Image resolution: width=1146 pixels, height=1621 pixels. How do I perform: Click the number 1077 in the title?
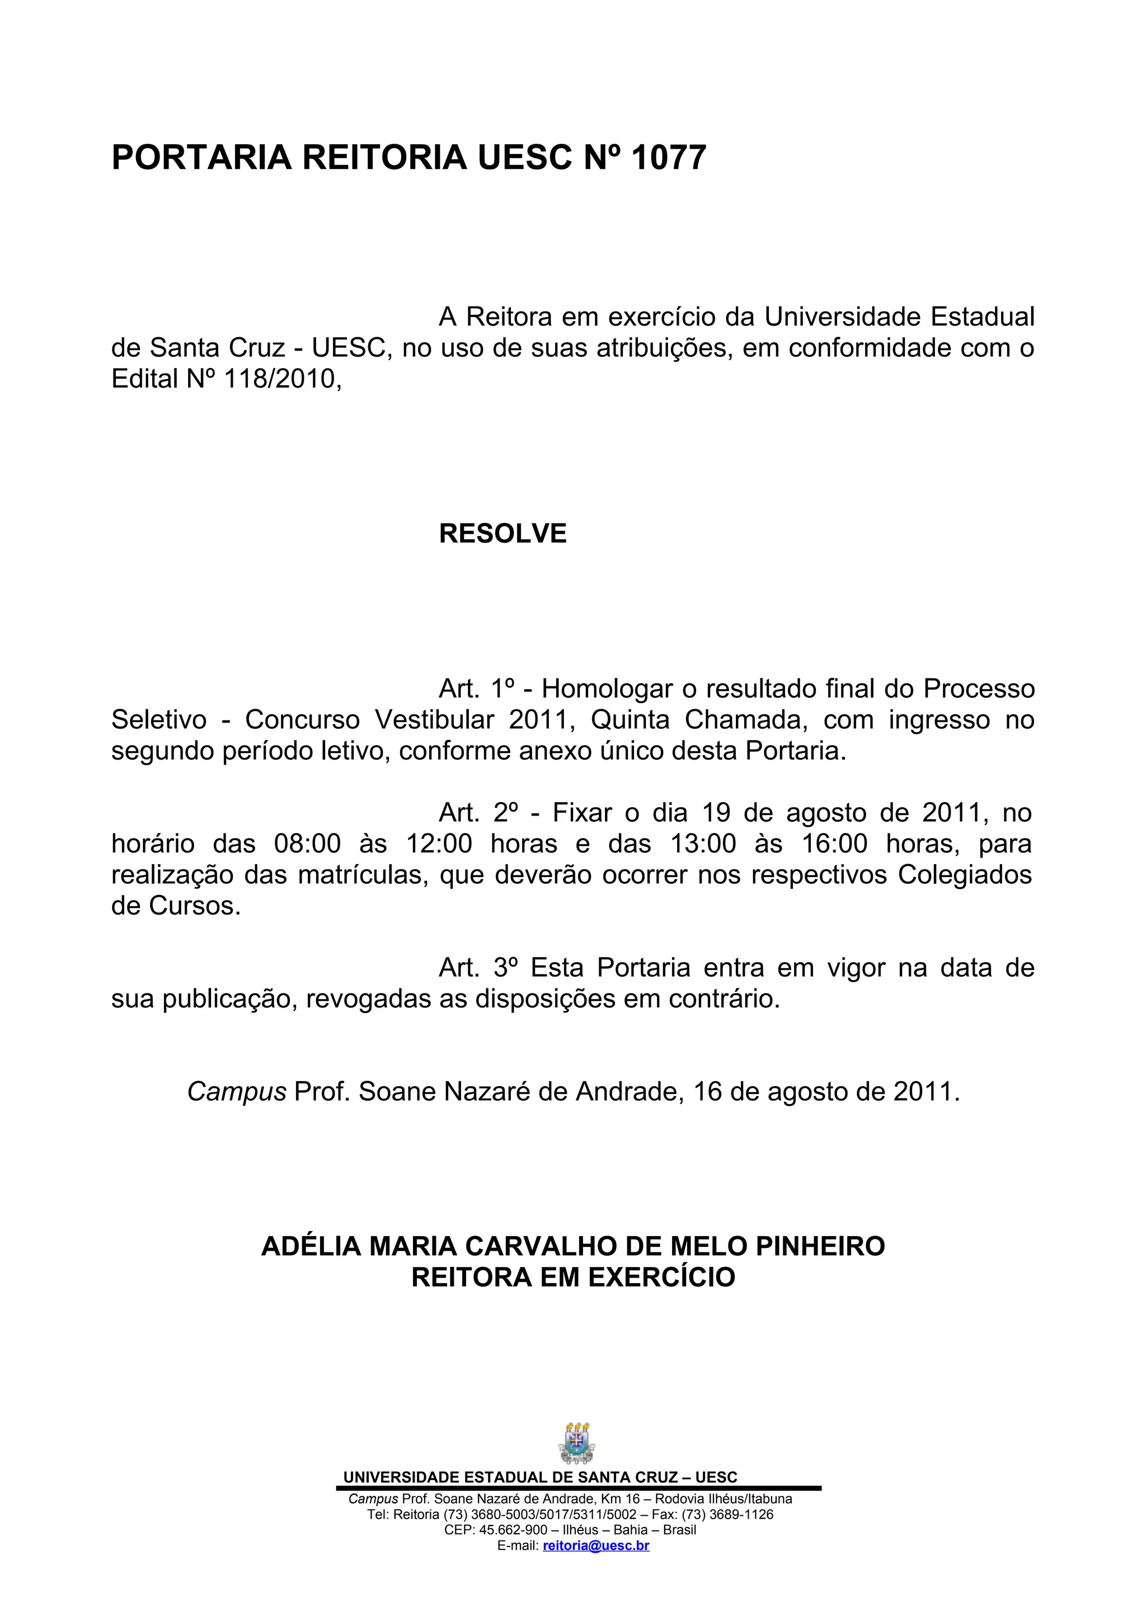click(668, 157)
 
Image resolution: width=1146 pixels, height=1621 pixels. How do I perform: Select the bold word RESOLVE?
click(502, 534)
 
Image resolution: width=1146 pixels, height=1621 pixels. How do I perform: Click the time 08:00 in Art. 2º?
click(307, 844)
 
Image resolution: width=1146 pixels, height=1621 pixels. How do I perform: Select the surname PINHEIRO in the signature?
click(820, 1246)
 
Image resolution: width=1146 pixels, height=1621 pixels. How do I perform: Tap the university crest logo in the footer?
click(576, 1443)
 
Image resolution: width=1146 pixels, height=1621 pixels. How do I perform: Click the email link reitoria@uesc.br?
click(596, 1545)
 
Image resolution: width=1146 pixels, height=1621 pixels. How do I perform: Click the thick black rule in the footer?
click(579, 1488)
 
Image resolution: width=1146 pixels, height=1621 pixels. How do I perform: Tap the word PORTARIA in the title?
click(201, 157)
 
